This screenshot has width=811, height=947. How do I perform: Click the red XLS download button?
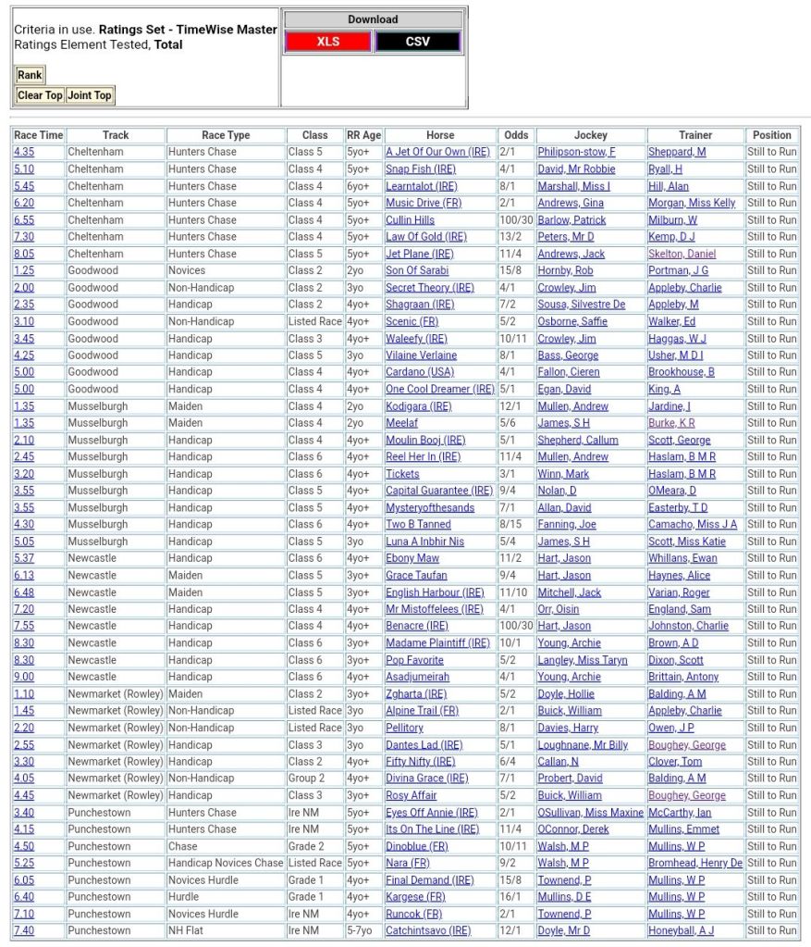pos(327,42)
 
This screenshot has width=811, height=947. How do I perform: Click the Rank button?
pos(30,75)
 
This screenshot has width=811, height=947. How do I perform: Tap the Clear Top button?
pos(41,95)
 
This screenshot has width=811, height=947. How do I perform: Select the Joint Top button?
pos(90,95)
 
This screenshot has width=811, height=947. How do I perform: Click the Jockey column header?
pos(591,135)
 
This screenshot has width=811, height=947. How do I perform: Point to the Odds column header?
pos(516,135)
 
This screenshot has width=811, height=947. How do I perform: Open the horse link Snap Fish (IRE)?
pos(421,169)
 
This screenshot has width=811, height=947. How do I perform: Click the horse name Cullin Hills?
pos(410,220)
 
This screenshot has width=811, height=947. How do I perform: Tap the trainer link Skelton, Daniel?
pos(682,254)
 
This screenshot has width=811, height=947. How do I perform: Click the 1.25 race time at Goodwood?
pos(24,270)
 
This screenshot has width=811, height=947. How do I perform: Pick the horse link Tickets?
pos(402,474)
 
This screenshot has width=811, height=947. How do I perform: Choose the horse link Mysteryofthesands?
pos(430,507)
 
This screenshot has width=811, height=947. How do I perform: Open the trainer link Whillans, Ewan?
pos(682,558)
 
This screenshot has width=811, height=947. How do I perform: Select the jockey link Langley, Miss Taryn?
pos(583,660)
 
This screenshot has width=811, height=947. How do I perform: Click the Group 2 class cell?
pos(306,779)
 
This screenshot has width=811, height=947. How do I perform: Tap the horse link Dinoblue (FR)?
pos(417,846)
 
